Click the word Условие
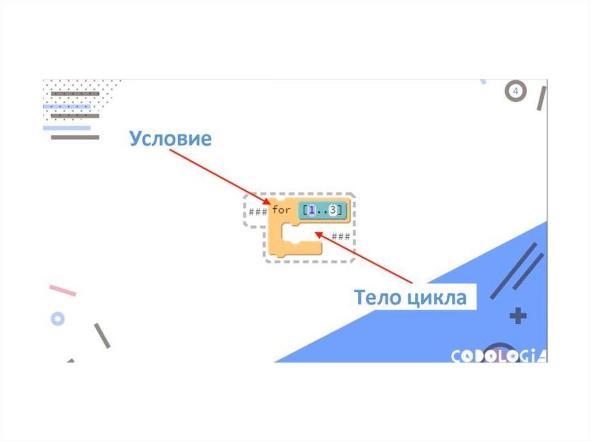[x=170, y=139]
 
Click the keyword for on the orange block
[x=281, y=210]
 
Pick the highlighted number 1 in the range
[x=311, y=211]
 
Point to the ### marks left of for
[x=257, y=211]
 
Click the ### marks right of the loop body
[x=341, y=236]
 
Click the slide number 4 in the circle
[x=516, y=92]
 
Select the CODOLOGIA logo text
[x=498, y=356]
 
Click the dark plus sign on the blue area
[x=518, y=316]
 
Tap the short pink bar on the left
[x=62, y=290]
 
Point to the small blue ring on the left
[x=57, y=318]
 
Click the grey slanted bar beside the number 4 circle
[x=541, y=98]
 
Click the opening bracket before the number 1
[x=302, y=211]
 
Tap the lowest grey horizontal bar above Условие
[x=75, y=137]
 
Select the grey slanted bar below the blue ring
[x=102, y=335]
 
